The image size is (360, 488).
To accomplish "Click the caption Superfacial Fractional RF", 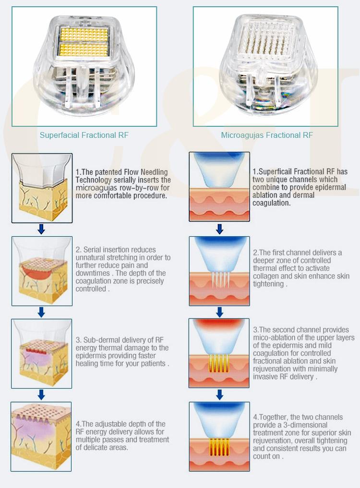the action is (84, 135).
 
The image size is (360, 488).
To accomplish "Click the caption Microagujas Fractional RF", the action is (267, 135).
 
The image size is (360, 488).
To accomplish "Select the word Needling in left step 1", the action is (154, 172).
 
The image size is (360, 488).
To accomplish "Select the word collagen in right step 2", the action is (265, 276).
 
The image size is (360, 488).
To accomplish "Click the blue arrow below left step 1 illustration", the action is (41, 230).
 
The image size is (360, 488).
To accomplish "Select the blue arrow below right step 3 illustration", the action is (220, 395).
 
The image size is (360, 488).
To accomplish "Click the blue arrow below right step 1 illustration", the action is (220, 230).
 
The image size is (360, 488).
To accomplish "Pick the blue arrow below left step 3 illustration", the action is (41, 395).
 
